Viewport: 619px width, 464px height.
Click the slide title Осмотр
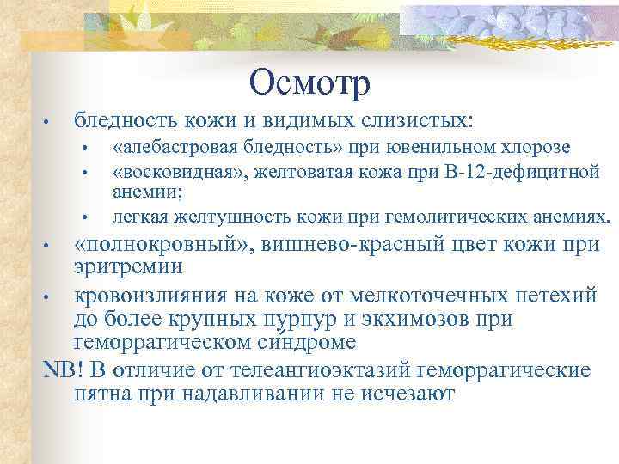(309, 82)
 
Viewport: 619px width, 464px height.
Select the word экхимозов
(409, 321)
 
